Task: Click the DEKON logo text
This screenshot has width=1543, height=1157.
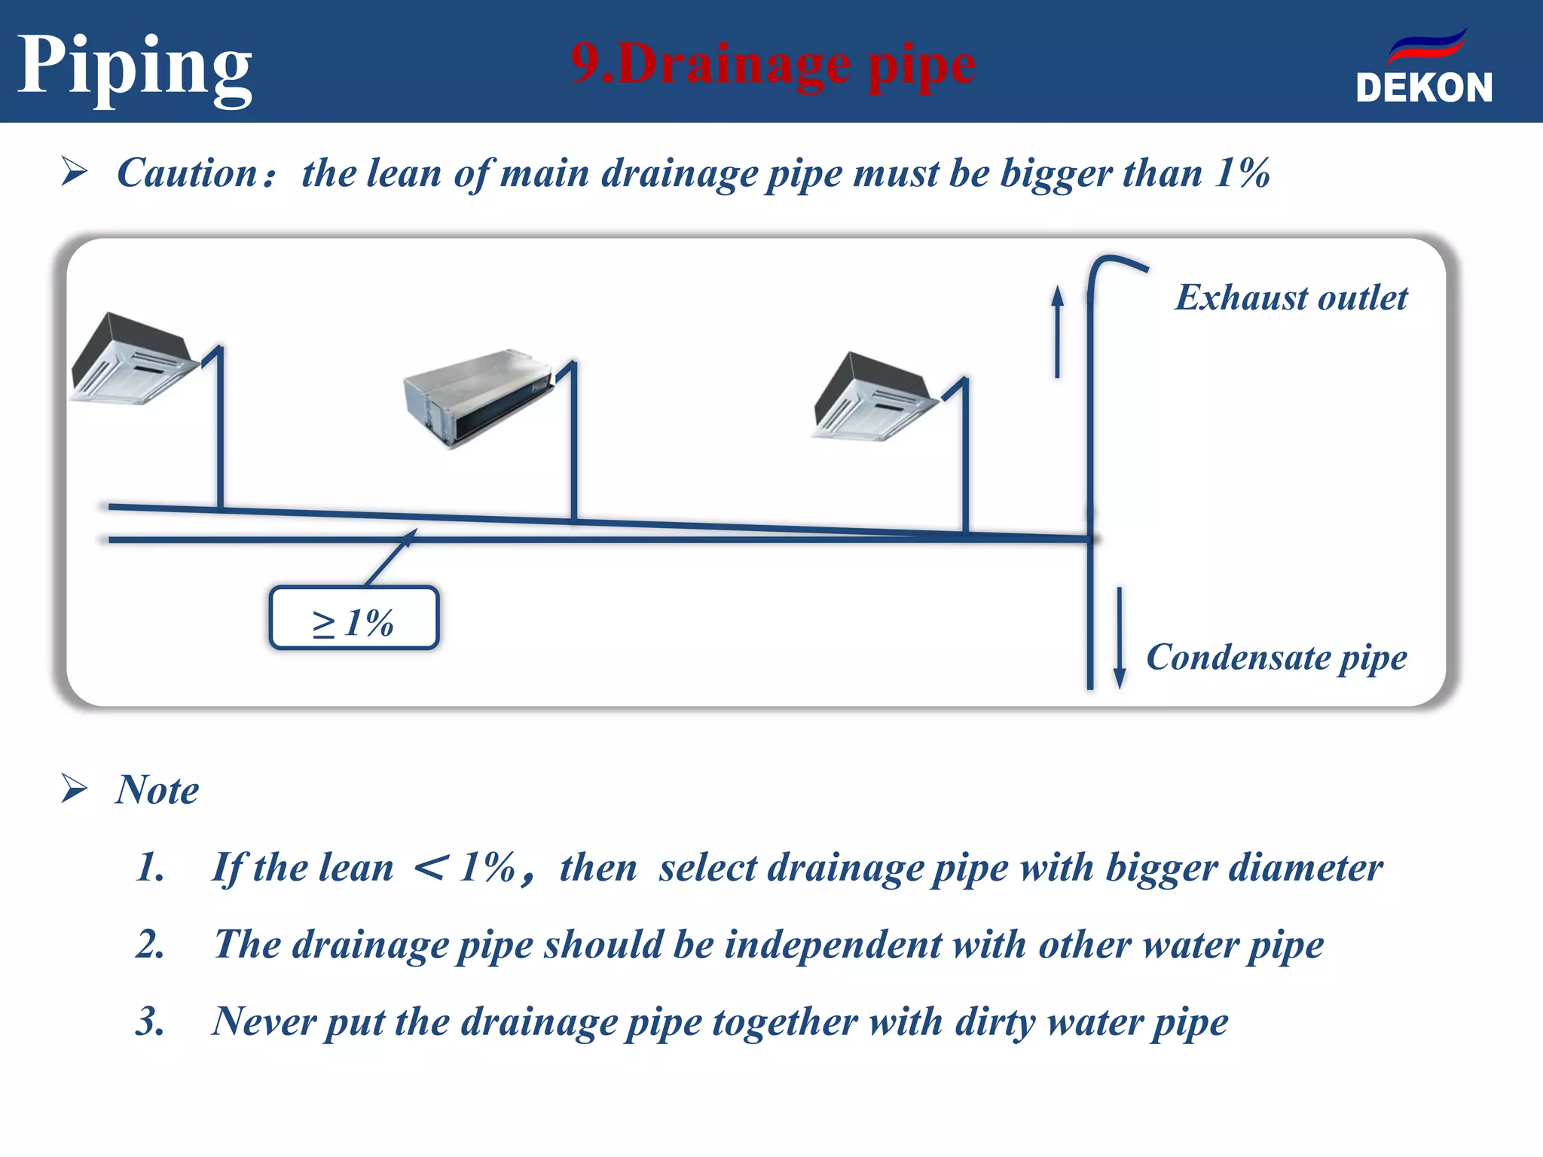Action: [x=1423, y=87]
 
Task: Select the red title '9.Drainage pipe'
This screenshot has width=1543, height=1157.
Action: [x=773, y=65]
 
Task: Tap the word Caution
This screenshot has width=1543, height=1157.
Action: [x=188, y=173]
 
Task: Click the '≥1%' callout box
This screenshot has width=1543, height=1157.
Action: [x=353, y=618]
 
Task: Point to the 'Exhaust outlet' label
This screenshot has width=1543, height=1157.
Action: [x=1291, y=298]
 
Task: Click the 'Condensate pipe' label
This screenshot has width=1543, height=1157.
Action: [x=1276, y=658]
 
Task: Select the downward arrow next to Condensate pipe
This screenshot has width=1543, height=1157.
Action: [x=1120, y=637]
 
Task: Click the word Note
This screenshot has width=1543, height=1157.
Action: [x=157, y=790]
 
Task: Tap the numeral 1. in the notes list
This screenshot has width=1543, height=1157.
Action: [x=150, y=868]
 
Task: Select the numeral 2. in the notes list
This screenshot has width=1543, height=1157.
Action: [x=150, y=945]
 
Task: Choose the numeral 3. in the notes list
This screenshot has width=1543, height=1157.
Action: [x=150, y=1022]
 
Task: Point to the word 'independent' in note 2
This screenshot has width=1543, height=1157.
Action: [x=833, y=945]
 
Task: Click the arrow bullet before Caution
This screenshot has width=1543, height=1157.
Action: [x=74, y=172]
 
